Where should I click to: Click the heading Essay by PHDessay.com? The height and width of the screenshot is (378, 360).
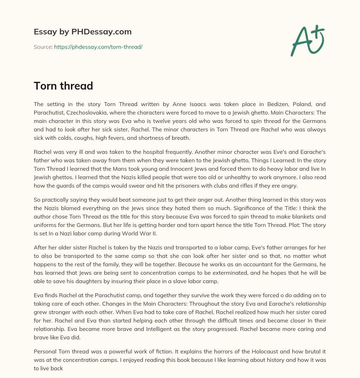83,32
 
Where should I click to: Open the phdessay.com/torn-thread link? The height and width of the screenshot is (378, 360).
98,47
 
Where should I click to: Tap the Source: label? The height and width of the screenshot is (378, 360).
43,47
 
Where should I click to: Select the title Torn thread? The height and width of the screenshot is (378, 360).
63,85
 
